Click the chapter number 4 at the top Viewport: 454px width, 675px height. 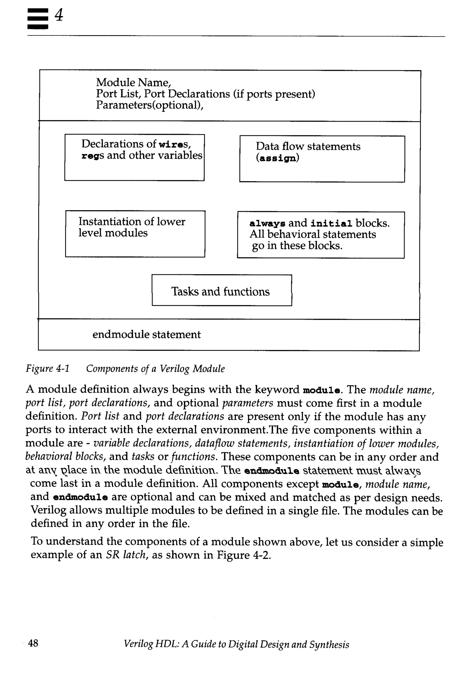click(x=59, y=15)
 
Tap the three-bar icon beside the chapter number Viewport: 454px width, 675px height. click(x=38, y=19)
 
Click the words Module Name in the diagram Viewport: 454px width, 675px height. click(x=133, y=83)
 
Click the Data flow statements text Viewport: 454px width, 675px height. click(x=308, y=147)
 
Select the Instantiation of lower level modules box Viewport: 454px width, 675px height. click(x=135, y=233)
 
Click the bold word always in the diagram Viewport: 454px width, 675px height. click(x=267, y=224)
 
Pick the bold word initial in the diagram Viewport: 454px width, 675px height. click(x=331, y=224)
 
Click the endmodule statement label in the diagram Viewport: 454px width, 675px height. click(x=146, y=334)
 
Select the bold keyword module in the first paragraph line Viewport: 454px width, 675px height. click(x=321, y=390)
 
